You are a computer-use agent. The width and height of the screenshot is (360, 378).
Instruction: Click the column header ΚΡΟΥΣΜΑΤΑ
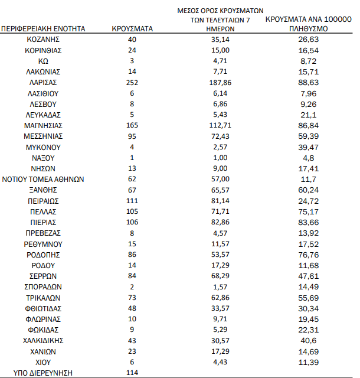click(x=132, y=28)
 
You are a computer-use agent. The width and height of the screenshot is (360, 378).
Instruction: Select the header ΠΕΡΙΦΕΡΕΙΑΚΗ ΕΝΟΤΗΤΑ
click(x=44, y=28)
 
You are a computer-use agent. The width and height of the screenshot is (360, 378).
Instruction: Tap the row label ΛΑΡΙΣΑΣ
click(x=44, y=82)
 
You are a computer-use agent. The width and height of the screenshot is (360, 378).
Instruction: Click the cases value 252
click(x=132, y=82)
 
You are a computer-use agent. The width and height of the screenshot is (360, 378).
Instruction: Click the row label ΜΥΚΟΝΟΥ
click(x=44, y=147)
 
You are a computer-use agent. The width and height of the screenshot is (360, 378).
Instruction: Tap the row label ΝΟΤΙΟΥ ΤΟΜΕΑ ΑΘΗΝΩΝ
click(x=44, y=179)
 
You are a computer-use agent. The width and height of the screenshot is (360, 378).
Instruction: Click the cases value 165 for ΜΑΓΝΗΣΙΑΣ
click(x=132, y=125)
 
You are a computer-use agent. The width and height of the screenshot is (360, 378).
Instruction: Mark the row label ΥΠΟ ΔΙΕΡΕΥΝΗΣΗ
click(x=44, y=373)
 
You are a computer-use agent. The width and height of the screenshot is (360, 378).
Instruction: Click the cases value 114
click(x=132, y=373)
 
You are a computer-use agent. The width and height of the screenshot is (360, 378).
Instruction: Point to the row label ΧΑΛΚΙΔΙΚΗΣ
click(x=44, y=340)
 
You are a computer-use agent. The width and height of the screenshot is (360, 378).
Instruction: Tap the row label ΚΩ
click(x=44, y=61)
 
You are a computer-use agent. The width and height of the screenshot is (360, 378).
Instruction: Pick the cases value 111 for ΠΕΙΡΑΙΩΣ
click(x=132, y=201)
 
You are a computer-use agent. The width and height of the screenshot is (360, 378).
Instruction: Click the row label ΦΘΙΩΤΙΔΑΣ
click(x=44, y=308)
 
